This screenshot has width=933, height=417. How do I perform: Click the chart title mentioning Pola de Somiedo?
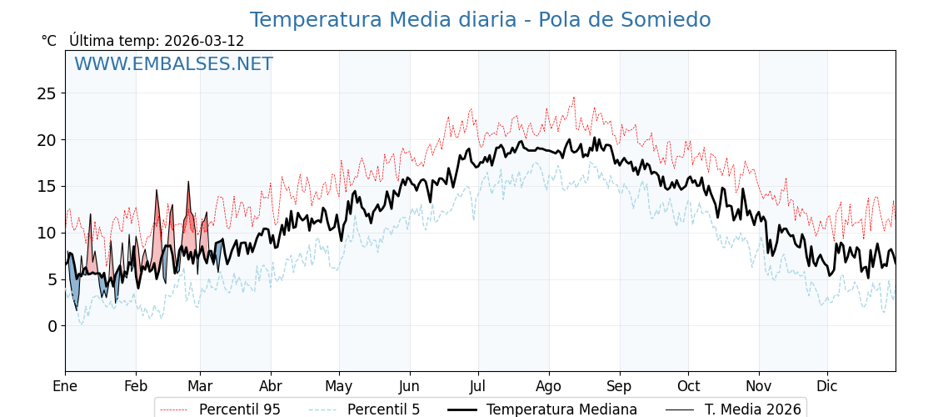point(480,20)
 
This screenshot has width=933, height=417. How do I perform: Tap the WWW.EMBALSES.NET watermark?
point(173,64)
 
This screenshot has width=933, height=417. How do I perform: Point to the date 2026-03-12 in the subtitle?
point(204,41)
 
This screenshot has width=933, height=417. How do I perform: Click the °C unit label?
point(49,41)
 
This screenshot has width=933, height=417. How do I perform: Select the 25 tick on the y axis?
point(46,93)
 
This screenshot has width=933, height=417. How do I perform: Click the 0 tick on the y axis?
point(51,326)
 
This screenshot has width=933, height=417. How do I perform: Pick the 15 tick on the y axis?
point(46,186)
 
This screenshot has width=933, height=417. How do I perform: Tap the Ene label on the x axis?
point(65,386)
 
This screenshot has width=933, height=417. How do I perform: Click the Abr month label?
point(271,386)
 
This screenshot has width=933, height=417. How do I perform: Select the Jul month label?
point(478,386)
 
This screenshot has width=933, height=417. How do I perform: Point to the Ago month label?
point(549,386)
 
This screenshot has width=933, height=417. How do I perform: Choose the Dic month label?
point(827,386)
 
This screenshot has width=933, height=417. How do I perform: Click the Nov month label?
point(759,386)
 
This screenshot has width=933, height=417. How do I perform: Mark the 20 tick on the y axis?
point(46,140)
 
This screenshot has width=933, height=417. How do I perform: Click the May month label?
point(339,386)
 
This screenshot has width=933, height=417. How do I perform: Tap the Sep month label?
point(620,386)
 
